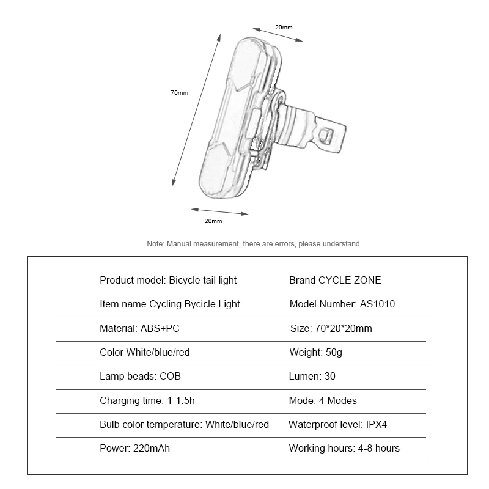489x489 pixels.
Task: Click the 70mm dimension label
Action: coord(179,92)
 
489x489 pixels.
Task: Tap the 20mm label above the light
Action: coord(284,28)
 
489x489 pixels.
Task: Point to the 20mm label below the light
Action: coord(213,221)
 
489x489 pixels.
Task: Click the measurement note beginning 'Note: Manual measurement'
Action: coord(254,243)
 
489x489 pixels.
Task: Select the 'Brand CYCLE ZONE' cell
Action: coord(334,280)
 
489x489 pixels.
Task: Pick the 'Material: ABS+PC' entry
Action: coord(139,328)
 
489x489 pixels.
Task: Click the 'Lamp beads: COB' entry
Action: coord(140,377)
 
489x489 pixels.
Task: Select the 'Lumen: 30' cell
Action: coord(312,377)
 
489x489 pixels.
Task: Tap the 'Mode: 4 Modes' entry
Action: coord(322,400)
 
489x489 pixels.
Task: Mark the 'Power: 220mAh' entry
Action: coord(134,448)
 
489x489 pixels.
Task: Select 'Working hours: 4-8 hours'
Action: coord(344,448)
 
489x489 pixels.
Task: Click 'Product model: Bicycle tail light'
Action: coord(168,280)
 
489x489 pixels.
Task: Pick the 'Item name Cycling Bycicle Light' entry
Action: coord(169,304)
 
